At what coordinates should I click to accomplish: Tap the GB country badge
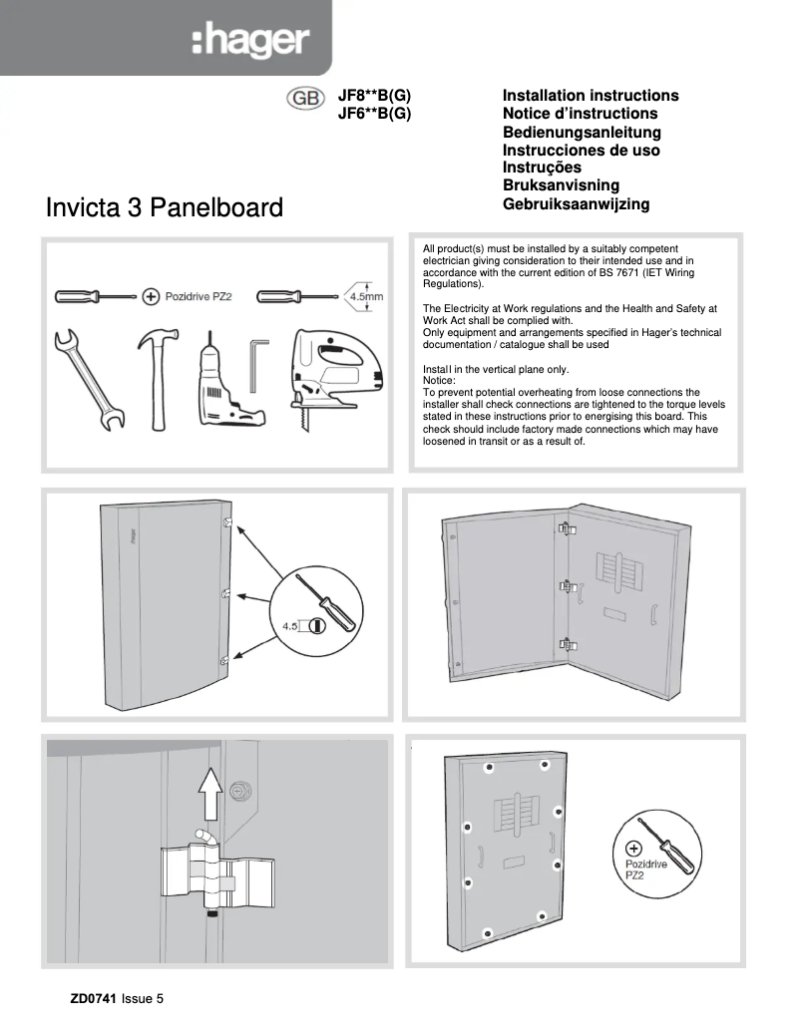coord(304,100)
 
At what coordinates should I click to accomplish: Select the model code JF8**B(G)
coord(375,96)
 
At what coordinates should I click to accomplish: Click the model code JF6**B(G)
coord(375,114)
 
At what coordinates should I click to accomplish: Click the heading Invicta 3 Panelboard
coord(165,209)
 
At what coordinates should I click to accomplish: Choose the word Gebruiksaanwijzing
coord(576,204)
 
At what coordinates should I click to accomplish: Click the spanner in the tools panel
coord(86,380)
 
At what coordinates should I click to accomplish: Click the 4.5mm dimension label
coord(364,297)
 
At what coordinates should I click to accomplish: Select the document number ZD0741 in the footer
coord(93,1000)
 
